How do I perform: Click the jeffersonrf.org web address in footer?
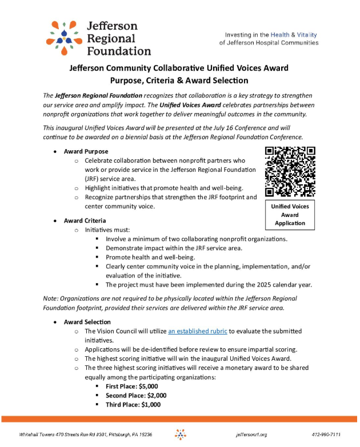tap(251, 434)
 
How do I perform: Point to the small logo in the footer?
tap(180, 434)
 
